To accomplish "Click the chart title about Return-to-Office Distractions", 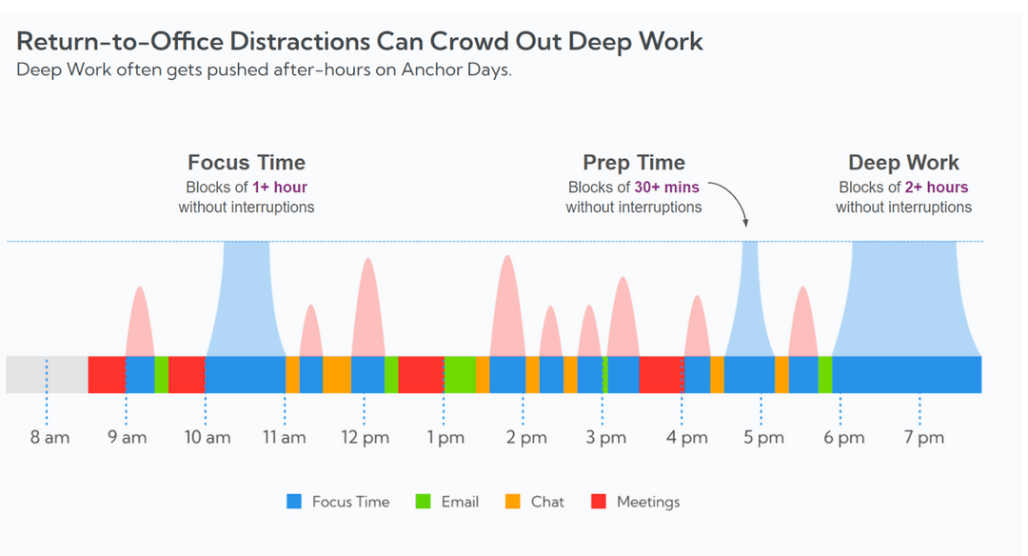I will click(360, 41).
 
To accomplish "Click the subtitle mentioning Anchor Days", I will click(264, 70).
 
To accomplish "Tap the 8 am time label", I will click(49, 438).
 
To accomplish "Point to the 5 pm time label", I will click(763, 438).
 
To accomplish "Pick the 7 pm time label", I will click(923, 438).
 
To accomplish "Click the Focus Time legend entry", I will click(340, 502).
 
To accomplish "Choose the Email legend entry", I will click(448, 502).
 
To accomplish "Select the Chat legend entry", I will click(536, 502).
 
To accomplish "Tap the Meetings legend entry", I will click(637, 502).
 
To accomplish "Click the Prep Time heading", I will click(634, 163).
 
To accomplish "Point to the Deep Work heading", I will click(903, 163).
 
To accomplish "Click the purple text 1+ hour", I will click(280, 188).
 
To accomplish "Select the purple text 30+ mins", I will click(666, 188).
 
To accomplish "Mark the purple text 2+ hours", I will click(937, 188).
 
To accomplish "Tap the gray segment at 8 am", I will click(47, 374).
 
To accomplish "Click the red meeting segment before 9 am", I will click(107, 374).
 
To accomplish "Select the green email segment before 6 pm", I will click(824, 374).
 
